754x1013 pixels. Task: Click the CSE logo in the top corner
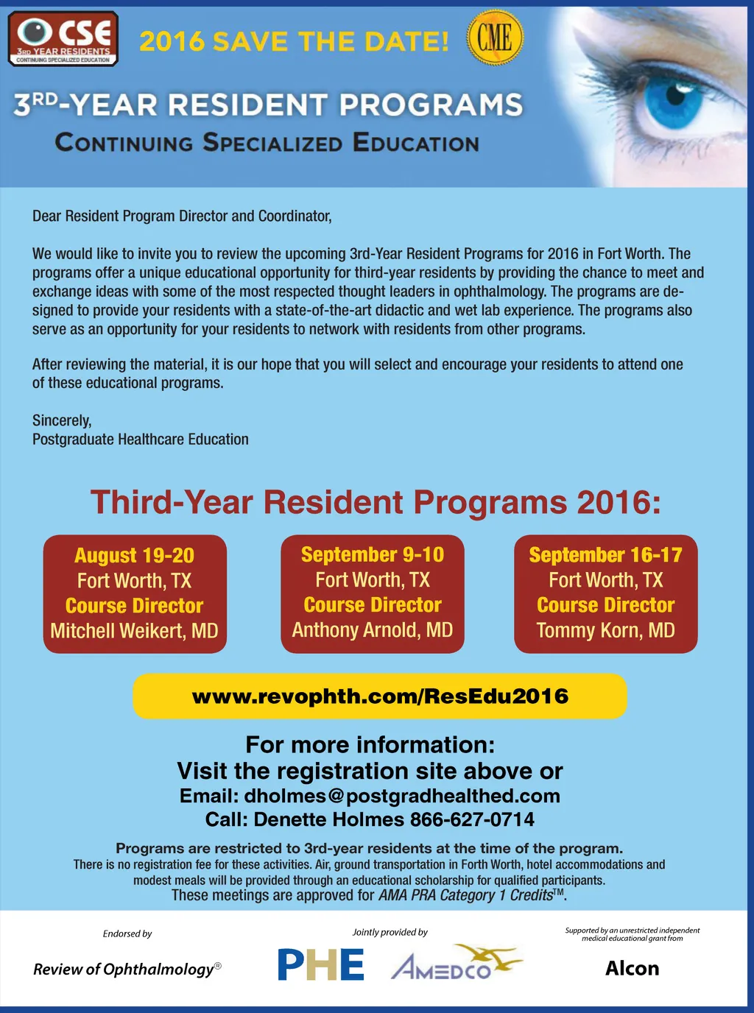tap(63, 38)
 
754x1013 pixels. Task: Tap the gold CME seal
tap(495, 38)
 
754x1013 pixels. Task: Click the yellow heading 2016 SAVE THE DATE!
tap(294, 41)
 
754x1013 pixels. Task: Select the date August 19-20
tap(134, 555)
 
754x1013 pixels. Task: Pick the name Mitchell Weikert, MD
tap(134, 631)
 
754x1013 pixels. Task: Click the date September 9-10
tap(372, 554)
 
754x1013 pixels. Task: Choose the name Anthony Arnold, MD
tap(372, 630)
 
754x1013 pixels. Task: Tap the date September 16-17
tap(605, 554)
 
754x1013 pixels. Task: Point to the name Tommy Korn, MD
tap(605, 630)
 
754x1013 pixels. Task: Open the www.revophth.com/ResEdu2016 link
tap(380, 696)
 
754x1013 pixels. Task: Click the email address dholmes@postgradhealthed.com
tap(402, 796)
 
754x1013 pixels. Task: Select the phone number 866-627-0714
tap(472, 819)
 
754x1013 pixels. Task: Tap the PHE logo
tap(321, 964)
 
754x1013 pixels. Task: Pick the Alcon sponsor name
tap(632, 968)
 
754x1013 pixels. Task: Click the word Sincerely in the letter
tap(62, 420)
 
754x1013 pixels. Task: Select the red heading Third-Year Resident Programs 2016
tap(376, 503)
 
